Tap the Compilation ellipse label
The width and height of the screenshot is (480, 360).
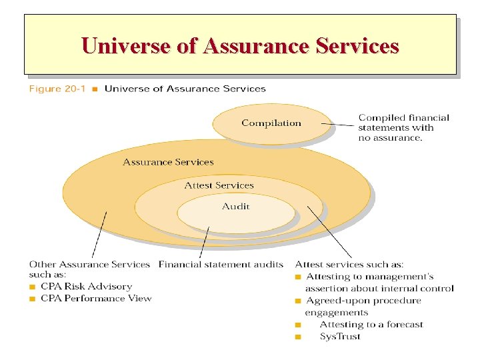coord(271,123)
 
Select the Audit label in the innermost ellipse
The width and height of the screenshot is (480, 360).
coord(236,206)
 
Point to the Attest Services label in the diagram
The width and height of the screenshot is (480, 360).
coord(219,185)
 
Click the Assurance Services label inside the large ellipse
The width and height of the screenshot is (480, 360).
coord(168,162)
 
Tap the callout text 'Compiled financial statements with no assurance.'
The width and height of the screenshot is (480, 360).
coord(403,127)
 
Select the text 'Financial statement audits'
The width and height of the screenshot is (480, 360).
coord(221,265)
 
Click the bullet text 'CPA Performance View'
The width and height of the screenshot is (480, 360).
coord(96,298)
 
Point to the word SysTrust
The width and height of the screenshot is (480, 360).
coord(340,337)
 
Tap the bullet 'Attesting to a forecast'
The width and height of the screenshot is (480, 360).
coord(371,325)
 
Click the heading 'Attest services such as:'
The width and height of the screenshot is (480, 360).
coord(349,265)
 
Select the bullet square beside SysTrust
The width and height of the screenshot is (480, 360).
coord(298,337)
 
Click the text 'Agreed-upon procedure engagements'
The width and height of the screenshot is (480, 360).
coord(363,306)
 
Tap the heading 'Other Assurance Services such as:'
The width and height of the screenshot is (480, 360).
coord(89,269)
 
